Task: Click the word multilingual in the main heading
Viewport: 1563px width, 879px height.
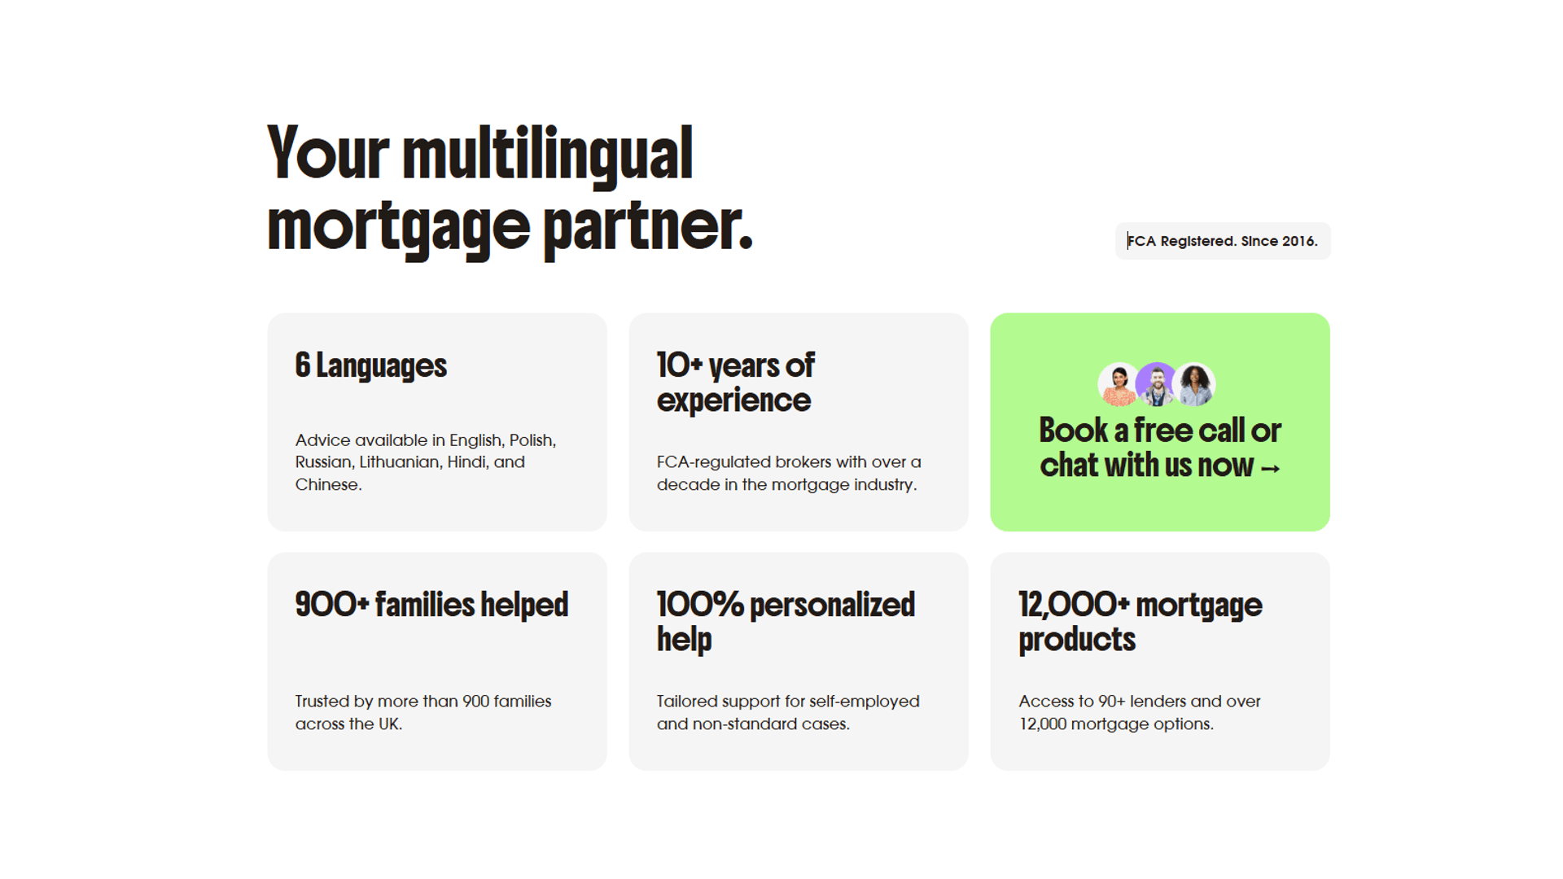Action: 547,155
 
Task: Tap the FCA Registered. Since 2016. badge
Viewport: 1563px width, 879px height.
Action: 1222,241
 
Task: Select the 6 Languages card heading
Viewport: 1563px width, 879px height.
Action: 370,365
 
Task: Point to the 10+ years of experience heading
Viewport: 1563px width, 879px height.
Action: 735,383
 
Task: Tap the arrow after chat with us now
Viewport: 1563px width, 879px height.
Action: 1270,468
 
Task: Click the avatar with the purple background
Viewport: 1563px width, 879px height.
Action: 1157,384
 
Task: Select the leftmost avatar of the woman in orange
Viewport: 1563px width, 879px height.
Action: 1119,384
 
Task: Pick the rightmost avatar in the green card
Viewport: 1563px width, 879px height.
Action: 1195,384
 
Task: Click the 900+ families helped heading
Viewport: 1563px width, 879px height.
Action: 431,605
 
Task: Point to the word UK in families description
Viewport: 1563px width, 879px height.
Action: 388,724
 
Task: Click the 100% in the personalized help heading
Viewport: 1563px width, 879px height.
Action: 699,605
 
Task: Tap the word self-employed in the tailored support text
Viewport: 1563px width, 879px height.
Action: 864,702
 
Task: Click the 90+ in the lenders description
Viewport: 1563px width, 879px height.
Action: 1111,702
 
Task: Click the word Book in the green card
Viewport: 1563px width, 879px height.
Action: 1073,431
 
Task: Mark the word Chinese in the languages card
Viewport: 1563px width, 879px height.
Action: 326,485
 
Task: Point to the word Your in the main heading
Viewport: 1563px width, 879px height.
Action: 328,155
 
